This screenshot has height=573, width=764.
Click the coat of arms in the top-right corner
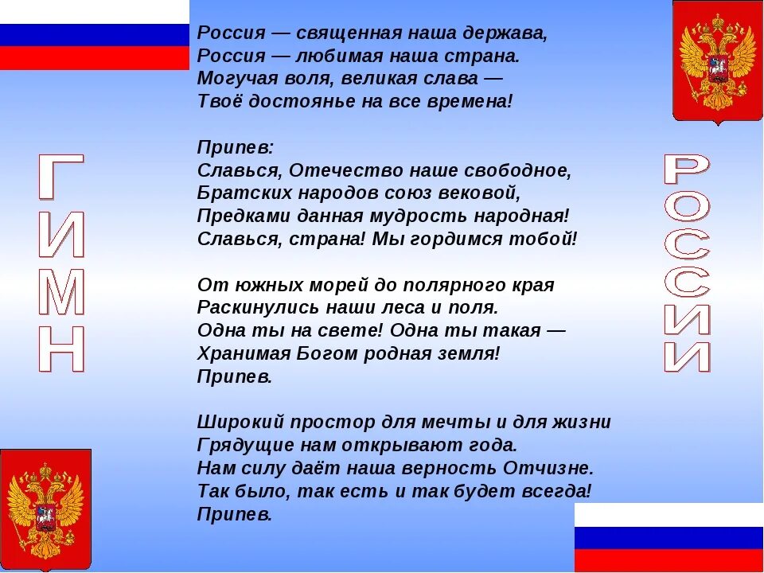point(717,62)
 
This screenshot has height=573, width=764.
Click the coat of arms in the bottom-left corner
point(45,509)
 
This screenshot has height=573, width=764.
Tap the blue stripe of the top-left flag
point(94,35)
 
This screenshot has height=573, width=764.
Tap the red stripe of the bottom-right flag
point(668,560)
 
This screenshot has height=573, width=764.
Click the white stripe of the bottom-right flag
point(668,514)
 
